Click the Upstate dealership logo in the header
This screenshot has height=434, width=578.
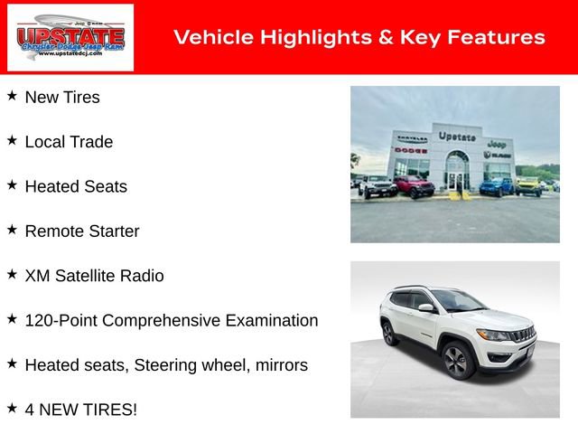70,37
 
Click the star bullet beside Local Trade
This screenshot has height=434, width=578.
12,141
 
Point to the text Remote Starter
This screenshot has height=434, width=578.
82,231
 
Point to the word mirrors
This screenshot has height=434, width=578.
281,365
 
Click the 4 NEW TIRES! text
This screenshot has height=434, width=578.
81,410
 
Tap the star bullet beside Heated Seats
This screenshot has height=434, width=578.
12,185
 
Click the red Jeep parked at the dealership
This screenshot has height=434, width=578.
414,187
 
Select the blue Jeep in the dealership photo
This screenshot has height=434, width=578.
496,186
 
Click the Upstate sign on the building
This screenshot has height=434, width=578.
457,137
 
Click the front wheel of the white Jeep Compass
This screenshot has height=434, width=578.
456,361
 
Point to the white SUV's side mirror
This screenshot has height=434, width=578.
425,308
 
